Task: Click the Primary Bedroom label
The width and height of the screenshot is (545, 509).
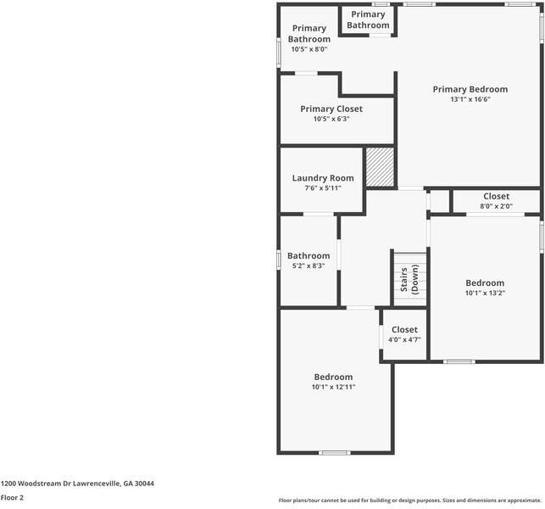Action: click(470, 89)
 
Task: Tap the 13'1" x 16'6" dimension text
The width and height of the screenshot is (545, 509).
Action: click(470, 99)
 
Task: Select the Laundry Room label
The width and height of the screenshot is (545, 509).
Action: click(323, 178)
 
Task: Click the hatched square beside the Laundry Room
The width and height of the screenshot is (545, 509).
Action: click(380, 166)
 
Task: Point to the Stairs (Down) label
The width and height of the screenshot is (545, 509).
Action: click(409, 279)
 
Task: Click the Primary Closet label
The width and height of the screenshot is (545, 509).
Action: click(331, 109)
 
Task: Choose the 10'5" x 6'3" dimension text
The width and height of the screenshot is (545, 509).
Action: click(331, 119)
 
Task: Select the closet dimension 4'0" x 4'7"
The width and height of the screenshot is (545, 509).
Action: click(404, 339)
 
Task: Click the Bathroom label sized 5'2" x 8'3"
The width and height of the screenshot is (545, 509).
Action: click(308, 256)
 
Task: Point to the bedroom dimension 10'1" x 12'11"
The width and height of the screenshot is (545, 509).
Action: click(333, 387)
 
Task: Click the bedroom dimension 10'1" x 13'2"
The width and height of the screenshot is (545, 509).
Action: click(485, 294)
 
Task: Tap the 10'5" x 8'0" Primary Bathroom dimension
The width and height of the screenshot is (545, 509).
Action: click(309, 49)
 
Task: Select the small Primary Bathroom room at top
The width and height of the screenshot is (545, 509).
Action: click(368, 20)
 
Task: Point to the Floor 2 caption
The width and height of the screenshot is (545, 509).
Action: click(12, 498)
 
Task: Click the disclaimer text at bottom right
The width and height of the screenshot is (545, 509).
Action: click(409, 501)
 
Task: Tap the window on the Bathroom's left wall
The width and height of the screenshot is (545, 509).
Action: click(280, 258)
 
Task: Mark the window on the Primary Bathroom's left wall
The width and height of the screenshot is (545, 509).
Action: click(280, 51)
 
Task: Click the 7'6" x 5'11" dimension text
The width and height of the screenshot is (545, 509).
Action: click(323, 188)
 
